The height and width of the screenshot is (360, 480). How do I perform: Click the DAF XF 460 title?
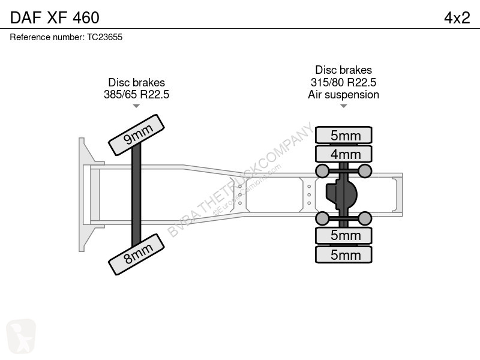click(x=55, y=17)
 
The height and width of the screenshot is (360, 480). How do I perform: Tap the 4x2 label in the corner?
click(x=457, y=18)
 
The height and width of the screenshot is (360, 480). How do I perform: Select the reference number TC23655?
click(x=104, y=37)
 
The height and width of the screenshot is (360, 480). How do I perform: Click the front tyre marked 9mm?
click(x=137, y=134)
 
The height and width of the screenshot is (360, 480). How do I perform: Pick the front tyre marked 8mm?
click(x=137, y=254)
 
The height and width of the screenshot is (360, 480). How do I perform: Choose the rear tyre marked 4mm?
click(x=344, y=154)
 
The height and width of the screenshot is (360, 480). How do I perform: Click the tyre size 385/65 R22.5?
click(x=137, y=94)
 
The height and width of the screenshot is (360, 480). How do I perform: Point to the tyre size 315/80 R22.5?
click(x=343, y=82)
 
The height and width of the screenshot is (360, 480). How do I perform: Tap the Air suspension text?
click(x=343, y=95)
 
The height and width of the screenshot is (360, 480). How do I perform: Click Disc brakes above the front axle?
click(x=137, y=82)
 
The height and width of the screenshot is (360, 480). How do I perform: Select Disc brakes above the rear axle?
click(x=343, y=70)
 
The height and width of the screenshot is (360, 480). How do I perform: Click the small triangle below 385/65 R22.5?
click(x=136, y=106)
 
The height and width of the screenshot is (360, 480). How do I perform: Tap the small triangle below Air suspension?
click(x=343, y=106)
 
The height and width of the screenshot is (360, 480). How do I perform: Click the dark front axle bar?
click(x=136, y=194)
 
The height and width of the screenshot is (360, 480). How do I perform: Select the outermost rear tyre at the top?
click(x=344, y=134)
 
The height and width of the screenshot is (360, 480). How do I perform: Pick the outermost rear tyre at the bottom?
click(x=344, y=254)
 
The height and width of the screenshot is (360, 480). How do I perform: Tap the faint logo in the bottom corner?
click(x=21, y=336)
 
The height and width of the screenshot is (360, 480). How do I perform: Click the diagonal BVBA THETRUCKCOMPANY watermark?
click(x=241, y=179)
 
